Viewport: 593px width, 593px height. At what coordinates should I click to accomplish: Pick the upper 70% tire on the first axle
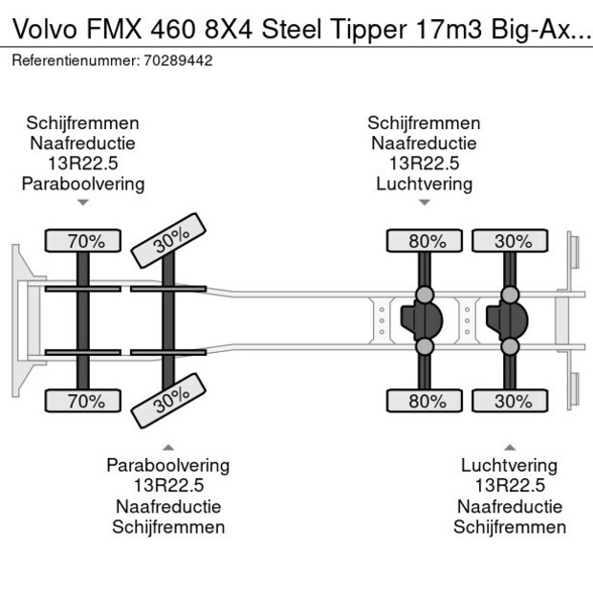[86, 242]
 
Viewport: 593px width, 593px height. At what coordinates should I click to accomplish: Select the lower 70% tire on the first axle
[86, 401]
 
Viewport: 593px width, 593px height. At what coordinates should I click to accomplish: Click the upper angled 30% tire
[168, 241]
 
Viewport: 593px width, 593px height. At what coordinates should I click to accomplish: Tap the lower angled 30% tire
[168, 402]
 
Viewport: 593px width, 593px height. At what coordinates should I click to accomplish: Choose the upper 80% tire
[427, 242]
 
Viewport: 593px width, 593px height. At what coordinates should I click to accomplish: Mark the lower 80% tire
[427, 401]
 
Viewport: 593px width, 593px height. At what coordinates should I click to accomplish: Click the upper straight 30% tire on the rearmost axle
[512, 242]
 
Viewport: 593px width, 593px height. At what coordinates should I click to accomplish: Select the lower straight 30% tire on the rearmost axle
[512, 401]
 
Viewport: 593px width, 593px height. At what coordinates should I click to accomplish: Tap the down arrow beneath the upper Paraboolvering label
[83, 203]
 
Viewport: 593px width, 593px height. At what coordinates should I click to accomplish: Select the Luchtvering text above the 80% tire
[424, 184]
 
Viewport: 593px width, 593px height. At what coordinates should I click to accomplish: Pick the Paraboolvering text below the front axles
[167, 466]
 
